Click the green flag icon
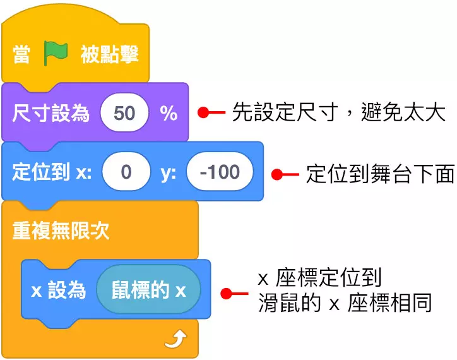tap(56, 55)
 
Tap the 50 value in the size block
tap(124, 113)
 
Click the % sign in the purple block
tap(168, 113)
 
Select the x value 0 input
tap(126, 172)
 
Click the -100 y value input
tap(219, 172)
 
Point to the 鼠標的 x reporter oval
tap(149, 291)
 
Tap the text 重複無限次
tap(61, 231)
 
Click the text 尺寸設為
tap(50, 114)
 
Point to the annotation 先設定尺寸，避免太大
tap(339, 113)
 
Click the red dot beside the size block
tap(203, 113)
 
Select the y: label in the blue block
tap(168, 172)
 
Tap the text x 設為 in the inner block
tap(58, 291)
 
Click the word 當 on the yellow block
tap(22, 55)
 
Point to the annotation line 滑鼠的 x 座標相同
tap(345, 303)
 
